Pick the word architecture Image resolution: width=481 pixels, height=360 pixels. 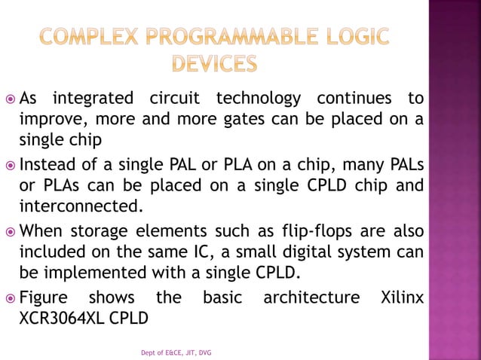(x=311, y=298)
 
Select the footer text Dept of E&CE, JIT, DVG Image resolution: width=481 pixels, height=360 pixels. (x=176, y=352)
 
